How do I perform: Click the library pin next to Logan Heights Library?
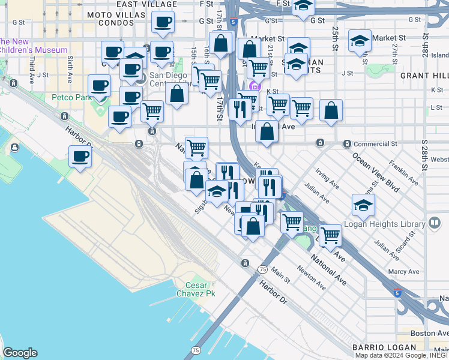click(x=435, y=223)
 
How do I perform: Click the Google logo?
click(x=20, y=353)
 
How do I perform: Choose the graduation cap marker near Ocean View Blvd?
click(x=363, y=206)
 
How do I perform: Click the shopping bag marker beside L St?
click(x=331, y=111)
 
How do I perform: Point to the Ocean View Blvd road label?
click(x=376, y=172)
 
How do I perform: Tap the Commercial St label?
click(x=375, y=144)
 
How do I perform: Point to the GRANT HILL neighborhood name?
click(x=424, y=76)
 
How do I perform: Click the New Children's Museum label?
click(x=33, y=46)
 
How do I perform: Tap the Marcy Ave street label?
click(x=403, y=272)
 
